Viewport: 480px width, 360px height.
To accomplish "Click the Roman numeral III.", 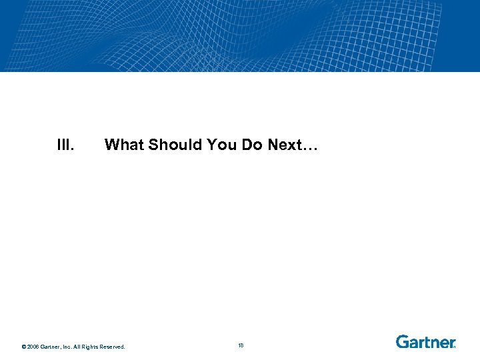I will pos(65,145).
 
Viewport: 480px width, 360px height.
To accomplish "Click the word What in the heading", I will pos(125,145).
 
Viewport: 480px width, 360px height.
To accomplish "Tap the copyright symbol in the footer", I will pos(23,347).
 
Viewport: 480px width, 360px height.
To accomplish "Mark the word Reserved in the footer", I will pos(113,347).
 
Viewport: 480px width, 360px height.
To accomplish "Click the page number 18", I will pos(240,345).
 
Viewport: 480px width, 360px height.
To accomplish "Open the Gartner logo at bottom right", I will pos(425,342).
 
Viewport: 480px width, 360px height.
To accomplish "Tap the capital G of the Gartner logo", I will pos(403,342).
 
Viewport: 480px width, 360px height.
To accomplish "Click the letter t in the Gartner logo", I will pos(425,342).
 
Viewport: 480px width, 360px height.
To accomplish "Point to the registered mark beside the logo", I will pos(455,347).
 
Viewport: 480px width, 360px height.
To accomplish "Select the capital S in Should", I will pos(154,145).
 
